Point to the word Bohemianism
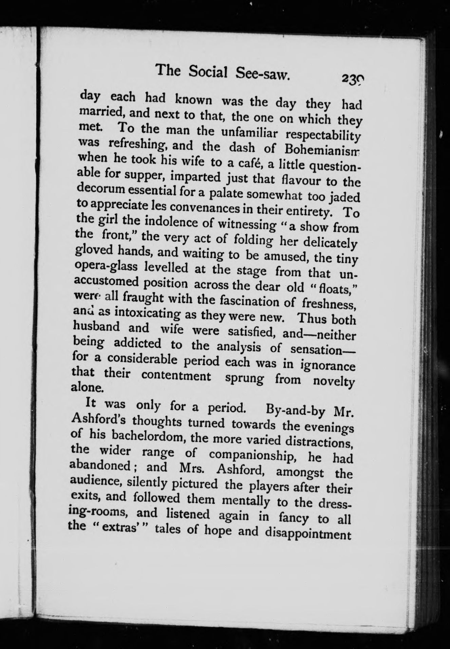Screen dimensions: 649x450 coord(324,150)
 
